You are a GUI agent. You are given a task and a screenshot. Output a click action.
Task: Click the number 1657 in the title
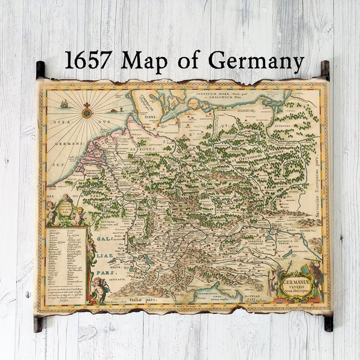88,60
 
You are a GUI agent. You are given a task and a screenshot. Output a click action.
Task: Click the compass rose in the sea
87,112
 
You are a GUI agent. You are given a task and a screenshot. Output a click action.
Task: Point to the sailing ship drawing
64,104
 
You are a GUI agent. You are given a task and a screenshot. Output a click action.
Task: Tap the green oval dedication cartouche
65,211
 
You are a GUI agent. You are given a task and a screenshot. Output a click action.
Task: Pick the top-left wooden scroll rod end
40,70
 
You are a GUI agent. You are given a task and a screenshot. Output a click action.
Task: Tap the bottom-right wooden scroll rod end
328,323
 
